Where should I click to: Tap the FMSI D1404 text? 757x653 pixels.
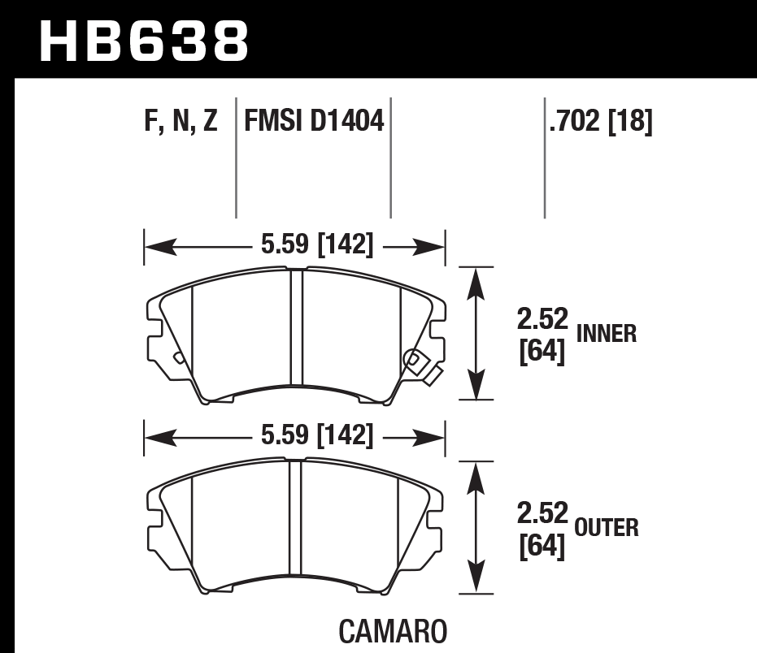pos(313,122)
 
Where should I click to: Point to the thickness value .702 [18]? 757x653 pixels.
pos(601,122)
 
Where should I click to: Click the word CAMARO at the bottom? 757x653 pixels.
pos(391,631)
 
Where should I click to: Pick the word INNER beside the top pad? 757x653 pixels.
pos(606,333)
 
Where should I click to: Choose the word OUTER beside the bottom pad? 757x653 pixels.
pos(606,528)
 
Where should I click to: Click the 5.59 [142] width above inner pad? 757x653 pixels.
pos(317,244)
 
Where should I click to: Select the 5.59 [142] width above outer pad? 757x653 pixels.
pos(317,436)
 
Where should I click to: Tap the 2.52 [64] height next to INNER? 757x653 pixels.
pos(542,333)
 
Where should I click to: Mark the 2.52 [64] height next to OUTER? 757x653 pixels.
pos(542,528)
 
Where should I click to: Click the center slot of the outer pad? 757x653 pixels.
pos(295,526)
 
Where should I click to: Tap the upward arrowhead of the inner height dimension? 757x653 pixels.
pos(477,280)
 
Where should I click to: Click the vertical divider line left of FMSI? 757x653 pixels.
pos(236,158)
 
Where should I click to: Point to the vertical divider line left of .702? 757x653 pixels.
pos(544,158)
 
